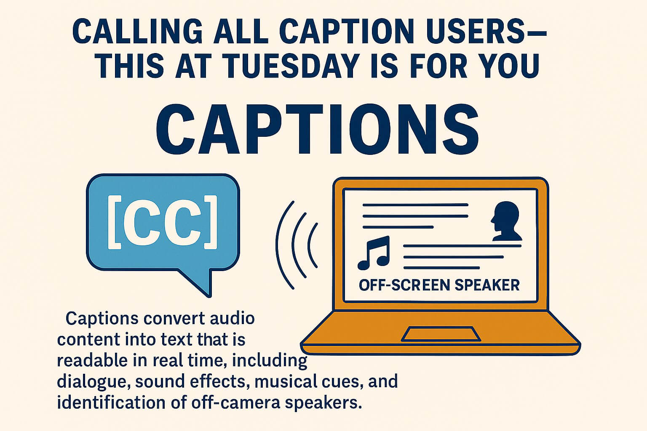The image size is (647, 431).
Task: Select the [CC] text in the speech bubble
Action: [163, 221]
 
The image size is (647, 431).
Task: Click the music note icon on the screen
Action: [373, 253]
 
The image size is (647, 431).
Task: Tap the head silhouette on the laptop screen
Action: [505, 221]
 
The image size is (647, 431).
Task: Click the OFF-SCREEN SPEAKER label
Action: [439, 285]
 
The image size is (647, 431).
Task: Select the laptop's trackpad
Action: [441, 334]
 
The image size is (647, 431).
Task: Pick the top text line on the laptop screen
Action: [415, 205]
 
